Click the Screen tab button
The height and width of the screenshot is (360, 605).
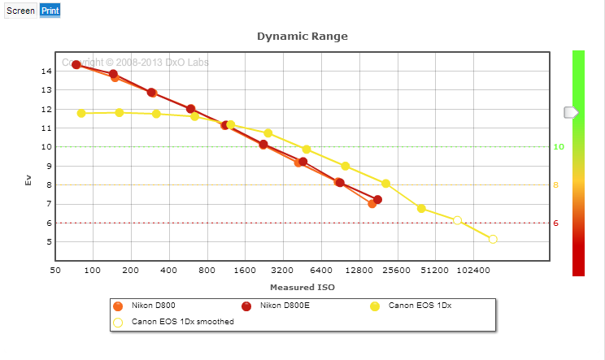pyautogui.click(x=20, y=11)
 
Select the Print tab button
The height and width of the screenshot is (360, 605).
pyautogui.click(x=50, y=11)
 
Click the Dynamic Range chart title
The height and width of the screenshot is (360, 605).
pyautogui.click(x=302, y=37)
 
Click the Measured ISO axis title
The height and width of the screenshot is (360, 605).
pyautogui.click(x=302, y=288)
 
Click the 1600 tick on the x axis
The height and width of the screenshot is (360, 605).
pyautogui.click(x=245, y=270)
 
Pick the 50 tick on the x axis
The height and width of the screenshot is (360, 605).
pyautogui.click(x=55, y=270)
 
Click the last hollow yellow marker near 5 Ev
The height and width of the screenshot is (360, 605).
pyautogui.click(x=493, y=239)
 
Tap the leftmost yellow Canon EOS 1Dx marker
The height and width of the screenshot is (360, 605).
pyautogui.click(x=81, y=113)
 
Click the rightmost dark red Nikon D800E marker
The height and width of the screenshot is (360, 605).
pyautogui.click(x=378, y=200)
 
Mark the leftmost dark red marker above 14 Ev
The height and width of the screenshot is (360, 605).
pyautogui.click(x=76, y=65)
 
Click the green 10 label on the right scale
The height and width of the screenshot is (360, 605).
pyautogui.click(x=559, y=147)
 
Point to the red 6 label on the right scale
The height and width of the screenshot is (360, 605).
pyautogui.click(x=557, y=223)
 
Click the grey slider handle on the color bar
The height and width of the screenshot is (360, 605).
pyautogui.click(x=571, y=112)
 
